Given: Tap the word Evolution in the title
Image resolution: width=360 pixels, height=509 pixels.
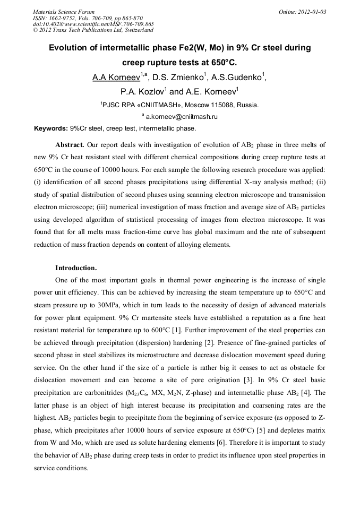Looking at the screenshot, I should pyautogui.click(x=69, y=48).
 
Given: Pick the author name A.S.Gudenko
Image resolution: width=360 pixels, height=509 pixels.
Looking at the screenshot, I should pyautogui.click(x=236, y=77).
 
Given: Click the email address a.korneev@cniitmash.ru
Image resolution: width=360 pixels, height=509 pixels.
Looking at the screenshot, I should pyautogui.click(x=182, y=117).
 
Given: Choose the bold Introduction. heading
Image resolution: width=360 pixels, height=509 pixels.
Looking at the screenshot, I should pyautogui.click(x=76, y=268).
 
